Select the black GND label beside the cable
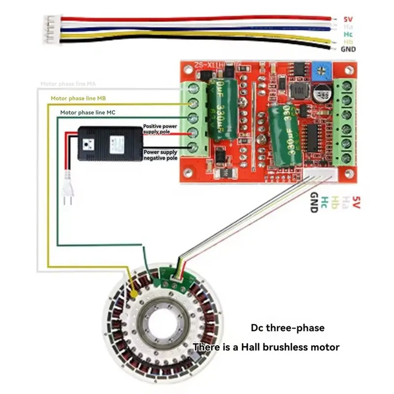point(348,49)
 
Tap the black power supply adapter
point(109,144)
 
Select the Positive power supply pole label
point(160,129)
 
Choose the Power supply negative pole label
point(160,156)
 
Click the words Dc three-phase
point(288,328)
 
